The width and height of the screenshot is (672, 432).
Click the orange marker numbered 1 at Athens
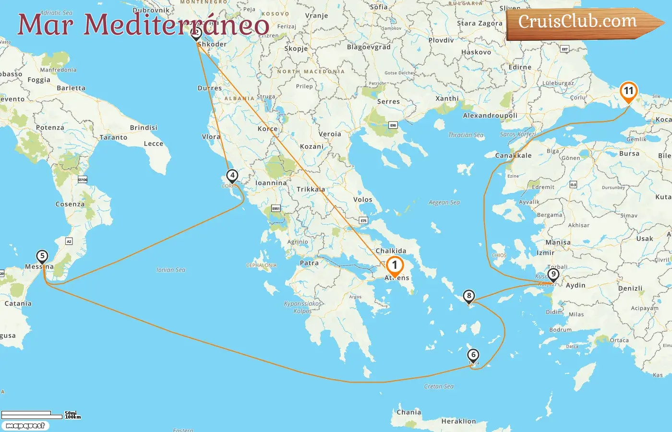pos(395,265)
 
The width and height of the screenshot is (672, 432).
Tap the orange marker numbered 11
pos(628,91)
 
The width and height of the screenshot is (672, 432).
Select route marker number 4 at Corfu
pos(232,176)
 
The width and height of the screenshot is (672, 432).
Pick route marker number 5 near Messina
pos(42,256)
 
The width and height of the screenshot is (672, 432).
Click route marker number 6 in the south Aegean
pos(473,355)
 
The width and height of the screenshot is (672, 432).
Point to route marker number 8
pos(469,296)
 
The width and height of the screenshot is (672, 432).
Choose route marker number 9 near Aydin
pos(553,275)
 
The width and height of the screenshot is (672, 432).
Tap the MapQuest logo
pos(25,426)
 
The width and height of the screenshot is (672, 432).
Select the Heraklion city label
pos(458,421)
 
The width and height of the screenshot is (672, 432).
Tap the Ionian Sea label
pos(171,270)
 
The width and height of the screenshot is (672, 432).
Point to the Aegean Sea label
pos(444,203)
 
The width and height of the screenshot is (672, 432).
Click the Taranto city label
pos(114,138)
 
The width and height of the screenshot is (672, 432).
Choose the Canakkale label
pos(514,156)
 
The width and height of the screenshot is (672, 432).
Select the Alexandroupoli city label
pos(490,116)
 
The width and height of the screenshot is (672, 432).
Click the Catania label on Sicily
pos(18,304)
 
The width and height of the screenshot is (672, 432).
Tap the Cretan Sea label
pos(439,386)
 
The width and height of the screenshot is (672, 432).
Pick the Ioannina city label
pos(271,183)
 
